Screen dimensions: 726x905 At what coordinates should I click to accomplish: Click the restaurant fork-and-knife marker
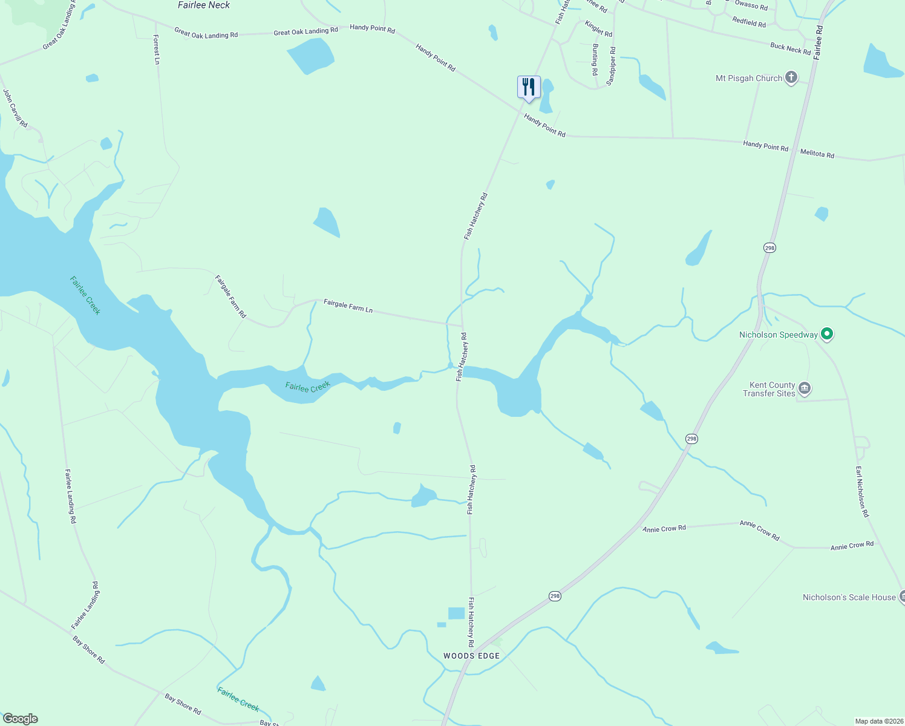click(529, 87)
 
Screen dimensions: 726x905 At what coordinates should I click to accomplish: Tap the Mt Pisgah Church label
click(748, 78)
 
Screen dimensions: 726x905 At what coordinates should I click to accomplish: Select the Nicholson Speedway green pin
click(827, 334)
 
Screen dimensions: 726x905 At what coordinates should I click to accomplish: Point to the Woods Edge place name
click(471, 656)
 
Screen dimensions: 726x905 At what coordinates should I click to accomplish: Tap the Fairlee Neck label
click(204, 5)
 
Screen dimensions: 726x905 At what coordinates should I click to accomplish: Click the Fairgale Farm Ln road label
click(348, 306)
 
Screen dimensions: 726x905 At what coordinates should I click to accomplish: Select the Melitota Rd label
click(817, 154)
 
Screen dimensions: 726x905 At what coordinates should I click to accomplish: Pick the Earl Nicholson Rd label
click(861, 491)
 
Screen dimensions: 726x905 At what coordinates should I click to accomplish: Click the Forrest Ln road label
click(156, 50)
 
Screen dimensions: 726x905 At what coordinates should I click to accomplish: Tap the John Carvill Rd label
click(15, 108)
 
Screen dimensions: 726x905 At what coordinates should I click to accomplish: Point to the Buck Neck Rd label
click(790, 49)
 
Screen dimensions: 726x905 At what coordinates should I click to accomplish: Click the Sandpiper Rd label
click(612, 66)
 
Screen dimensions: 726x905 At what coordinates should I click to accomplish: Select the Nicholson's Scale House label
click(849, 597)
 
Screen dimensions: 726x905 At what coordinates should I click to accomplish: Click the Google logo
click(21, 718)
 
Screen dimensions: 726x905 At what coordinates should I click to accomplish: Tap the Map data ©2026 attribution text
click(878, 721)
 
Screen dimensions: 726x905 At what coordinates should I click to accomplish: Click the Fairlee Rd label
click(818, 42)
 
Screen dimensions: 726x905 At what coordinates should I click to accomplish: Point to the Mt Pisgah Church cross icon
click(791, 77)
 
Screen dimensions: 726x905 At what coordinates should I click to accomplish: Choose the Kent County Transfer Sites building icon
click(804, 388)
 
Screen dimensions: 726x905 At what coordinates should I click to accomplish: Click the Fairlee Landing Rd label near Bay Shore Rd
click(86, 605)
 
